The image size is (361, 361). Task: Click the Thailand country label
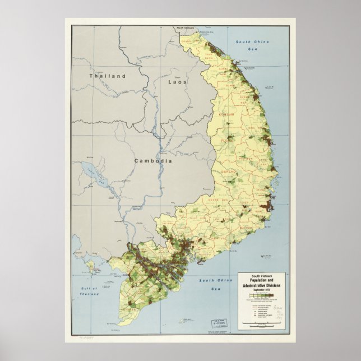[x=107, y=76]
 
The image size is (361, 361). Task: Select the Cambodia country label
[x=152, y=161]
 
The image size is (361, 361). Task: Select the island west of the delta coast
[x=89, y=264]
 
